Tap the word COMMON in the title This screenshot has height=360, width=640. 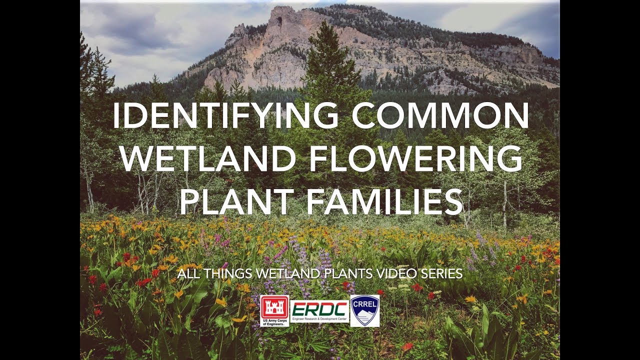pyautogui.click(x=440, y=116)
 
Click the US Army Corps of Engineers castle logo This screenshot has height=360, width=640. pyautogui.click(x=274, y=310)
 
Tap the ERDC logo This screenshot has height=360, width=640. pyautogui.click(x=319, y=310)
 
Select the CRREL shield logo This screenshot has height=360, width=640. pyautogui.click(x=364, y=310)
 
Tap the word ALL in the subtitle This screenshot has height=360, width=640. pyautogui.click(x=186, y=274)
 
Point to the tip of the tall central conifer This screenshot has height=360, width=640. pyautogui.click(x=327, y=22)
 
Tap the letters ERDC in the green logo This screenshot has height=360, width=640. pyautogui.click(x=319, y=307)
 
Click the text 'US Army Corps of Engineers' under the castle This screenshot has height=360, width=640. pyautogui.click(x=274, y=322)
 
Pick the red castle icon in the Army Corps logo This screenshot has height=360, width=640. pyautogui.click(x=274, y=306)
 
